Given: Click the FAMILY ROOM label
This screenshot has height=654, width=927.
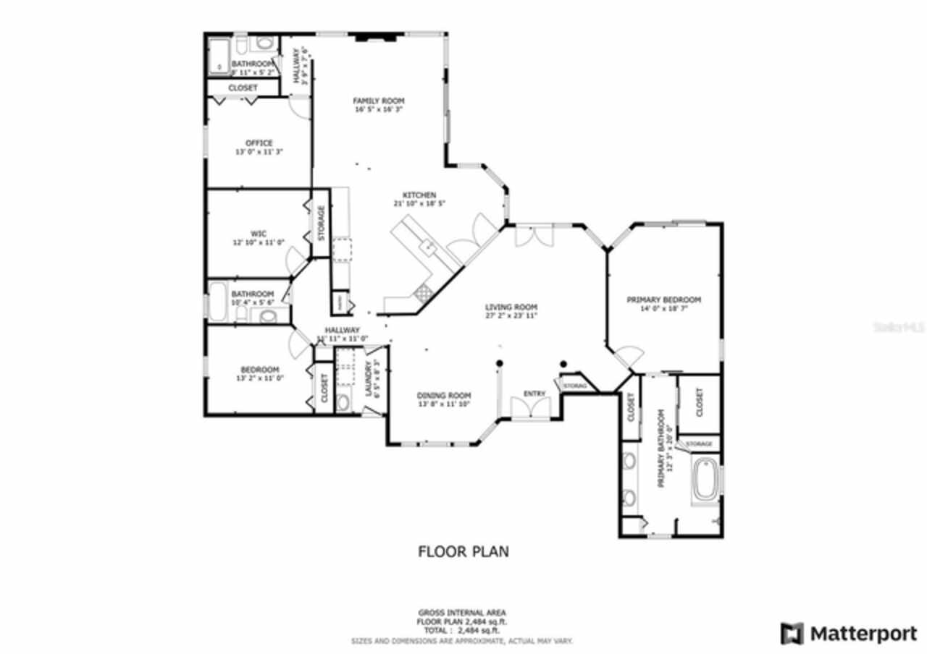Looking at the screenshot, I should (x=378, y=101).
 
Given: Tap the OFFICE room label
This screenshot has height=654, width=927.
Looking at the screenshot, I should (x=259, y=143).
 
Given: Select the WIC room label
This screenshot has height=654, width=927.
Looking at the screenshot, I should (x=259, y=234).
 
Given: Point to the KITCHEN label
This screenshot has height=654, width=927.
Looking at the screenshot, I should (x=419, y=195).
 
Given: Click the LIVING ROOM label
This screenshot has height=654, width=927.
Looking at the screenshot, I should (x=511, y=307).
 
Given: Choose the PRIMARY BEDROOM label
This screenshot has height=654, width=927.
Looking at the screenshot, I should (x=663, y=300).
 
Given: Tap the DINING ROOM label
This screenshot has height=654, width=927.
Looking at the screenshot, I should (x=443, y=395).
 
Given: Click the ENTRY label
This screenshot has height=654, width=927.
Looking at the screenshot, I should (x=534, y=394).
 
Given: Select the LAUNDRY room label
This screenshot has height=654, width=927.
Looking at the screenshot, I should (x=369, y=380).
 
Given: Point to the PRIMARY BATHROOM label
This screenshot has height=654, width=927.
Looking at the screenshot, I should (x=660, y=449).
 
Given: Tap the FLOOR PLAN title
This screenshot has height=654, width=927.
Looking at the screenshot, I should (x=463, y=552).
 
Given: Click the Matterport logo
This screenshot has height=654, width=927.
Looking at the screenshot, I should (x=849, y=634).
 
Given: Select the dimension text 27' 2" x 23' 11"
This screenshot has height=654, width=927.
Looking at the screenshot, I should (x=511, y=316).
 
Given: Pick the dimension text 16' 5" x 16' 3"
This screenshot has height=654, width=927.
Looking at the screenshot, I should (x=378, y=110).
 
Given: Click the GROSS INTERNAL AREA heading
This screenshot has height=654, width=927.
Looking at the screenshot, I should (x=462, y=613).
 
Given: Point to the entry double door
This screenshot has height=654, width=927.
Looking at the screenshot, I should (x=531, y=409).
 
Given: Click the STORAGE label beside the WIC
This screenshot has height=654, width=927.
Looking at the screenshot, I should (x=321, y=224).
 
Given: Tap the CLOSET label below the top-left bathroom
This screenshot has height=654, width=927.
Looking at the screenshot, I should (x=243, y=88).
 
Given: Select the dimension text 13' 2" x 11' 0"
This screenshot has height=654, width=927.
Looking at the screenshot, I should (x=259, y=378).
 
